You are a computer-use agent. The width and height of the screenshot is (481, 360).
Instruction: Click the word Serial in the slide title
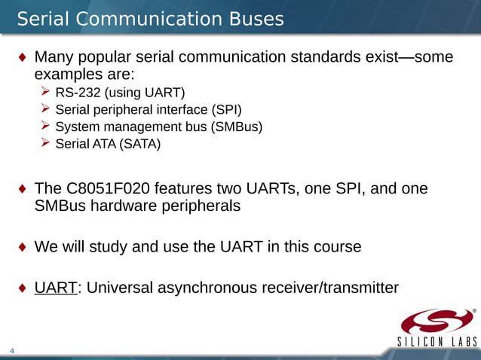pyautogui.click(x=44, y=18)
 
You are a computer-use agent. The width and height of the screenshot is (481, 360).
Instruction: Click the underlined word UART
pyautogui.click(x=57, y=288)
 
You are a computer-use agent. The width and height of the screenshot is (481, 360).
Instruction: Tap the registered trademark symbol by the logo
pyautogui.click(x=474, y=310)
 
